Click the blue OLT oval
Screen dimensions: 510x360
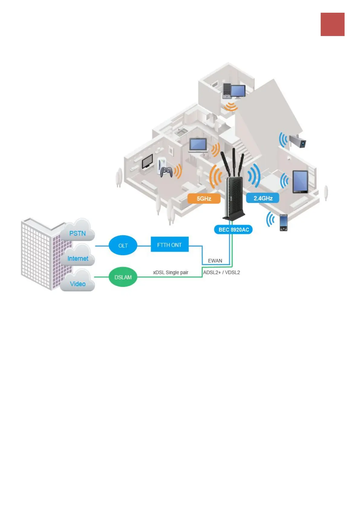[x=123, y=245]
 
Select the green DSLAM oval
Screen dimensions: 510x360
[x=123, y=277]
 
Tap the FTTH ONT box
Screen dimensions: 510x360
[x=170, y=245]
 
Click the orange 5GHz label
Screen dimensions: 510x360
[x=204, y=199]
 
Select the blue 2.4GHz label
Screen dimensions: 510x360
[x=263, y=198]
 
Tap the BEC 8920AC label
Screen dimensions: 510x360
[x=233, y=230]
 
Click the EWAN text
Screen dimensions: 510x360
[x=215, y=261]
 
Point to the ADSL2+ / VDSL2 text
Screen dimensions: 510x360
[x=222, y=273]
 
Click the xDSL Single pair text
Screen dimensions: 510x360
[x=170, y=273]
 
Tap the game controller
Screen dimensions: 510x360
[x=166, y=172]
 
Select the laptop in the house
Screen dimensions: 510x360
[x=198, y=145]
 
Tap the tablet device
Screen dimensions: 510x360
[x=300, y=182]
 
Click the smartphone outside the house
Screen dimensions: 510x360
[x=283, y=223]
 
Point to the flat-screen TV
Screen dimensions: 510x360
[x=148, y=161]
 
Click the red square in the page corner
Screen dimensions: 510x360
[x=332, y=24]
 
